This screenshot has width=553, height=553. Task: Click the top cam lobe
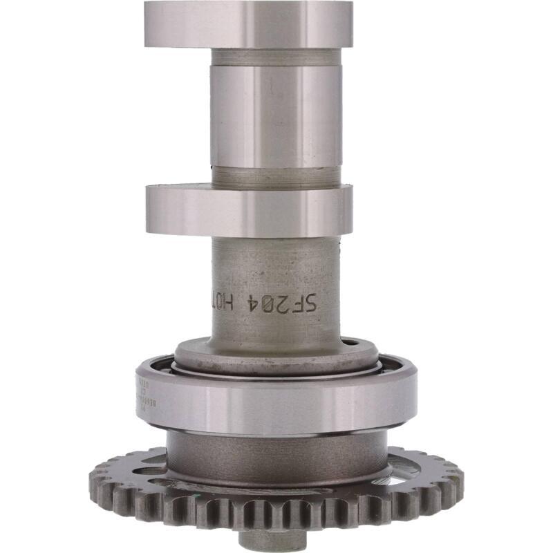pos(249,24)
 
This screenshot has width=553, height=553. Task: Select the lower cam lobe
pos(249,209)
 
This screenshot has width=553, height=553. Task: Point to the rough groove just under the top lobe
pos(276,55)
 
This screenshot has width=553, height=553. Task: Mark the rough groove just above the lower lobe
pos(276,176)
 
